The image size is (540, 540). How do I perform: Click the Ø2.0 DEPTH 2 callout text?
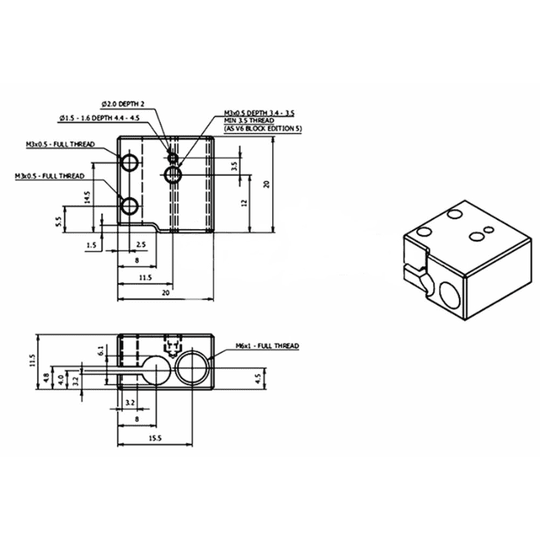(x=123, y=103)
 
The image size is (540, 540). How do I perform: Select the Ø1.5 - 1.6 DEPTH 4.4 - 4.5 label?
(x=99, y=117)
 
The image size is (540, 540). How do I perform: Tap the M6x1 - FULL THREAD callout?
(x=267, y=346)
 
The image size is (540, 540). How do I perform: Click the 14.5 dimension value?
(x=89, y=197)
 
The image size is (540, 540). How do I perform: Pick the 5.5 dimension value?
(x=59, y=222)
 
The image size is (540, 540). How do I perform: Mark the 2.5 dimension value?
(x=140, y=245)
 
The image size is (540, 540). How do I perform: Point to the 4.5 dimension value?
(x=257, y=377)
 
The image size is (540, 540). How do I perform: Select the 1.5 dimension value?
(x=92, y=245)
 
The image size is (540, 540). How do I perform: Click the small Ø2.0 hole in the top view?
(x=174, y=158)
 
